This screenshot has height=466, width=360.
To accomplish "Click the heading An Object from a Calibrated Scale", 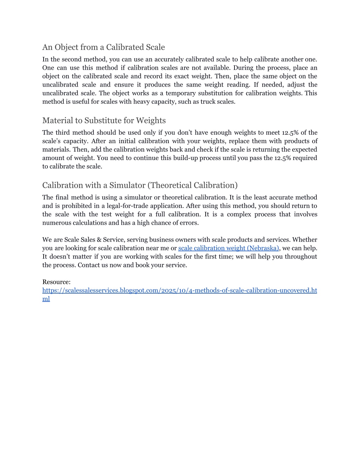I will coord(103,47).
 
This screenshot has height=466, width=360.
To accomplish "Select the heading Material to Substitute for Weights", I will coord(104,120).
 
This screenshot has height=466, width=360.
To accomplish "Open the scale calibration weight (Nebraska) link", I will coord(229,248).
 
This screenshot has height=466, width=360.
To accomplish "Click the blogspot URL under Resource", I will coord(179,291).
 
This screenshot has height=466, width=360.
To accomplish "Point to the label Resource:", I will coord(56,282).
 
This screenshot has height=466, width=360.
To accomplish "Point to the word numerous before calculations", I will coord(57,223).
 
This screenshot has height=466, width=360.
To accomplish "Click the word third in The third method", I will coord(62,133).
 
